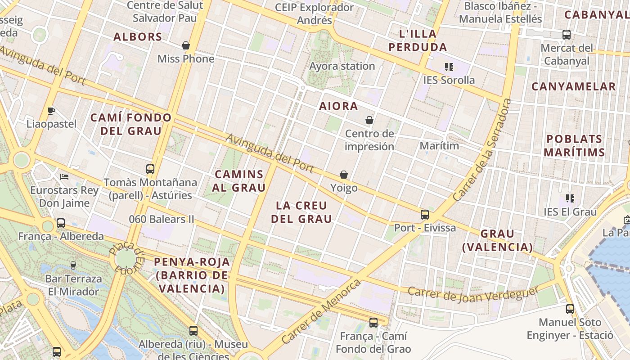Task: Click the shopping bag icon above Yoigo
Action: pos(344,175)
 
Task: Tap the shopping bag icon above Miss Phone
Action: pos(185,45)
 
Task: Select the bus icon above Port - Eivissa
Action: pos(425,214)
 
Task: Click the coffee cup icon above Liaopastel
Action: pos(51,111)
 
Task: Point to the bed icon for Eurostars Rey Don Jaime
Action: pos(64,176)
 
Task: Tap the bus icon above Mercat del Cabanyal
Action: pos(566,34)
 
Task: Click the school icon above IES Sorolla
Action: pos(449,67)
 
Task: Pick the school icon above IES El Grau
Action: pos(570,198)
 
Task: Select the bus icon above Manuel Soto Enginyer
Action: pos(570,309)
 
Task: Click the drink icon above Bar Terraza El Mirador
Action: pos(73,265)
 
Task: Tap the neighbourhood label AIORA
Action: pos(338,106)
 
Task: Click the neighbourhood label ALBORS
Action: pos(138,37)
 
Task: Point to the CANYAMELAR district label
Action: pos(573,86)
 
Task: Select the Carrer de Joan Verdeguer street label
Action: pos(472,293)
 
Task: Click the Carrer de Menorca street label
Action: pos(320,311)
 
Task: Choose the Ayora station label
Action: pos(342,66)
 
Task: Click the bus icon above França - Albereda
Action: pos(61,223)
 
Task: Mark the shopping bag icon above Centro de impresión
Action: pos(369,120)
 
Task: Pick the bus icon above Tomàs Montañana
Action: pos(150,169)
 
